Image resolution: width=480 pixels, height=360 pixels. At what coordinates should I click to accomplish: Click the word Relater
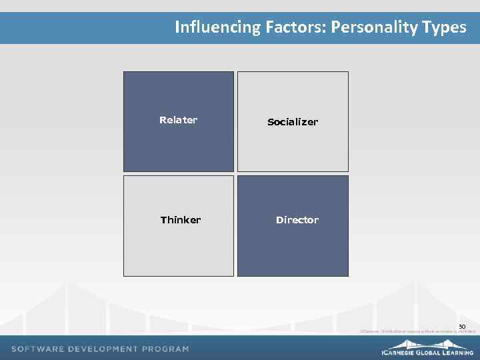point(178,120)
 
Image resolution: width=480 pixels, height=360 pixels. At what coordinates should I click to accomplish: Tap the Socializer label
point(293,122)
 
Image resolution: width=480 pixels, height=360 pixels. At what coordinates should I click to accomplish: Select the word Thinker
point(180,220)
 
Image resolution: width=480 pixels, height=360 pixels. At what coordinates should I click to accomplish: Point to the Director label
point(297,220)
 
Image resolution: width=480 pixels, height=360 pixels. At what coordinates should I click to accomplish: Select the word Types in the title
point(444,27)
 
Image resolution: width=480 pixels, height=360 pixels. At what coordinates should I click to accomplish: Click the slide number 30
point(461,326)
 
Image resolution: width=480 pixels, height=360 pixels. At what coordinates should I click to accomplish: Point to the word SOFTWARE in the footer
point(38,349)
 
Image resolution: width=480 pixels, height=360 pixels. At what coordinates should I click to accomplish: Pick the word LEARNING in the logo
point(461,353)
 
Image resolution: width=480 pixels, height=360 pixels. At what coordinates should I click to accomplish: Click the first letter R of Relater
point(162,120)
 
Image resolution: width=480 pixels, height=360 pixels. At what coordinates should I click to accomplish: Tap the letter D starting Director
point(279,220)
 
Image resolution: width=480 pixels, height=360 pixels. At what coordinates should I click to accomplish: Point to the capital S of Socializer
point(270,122)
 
